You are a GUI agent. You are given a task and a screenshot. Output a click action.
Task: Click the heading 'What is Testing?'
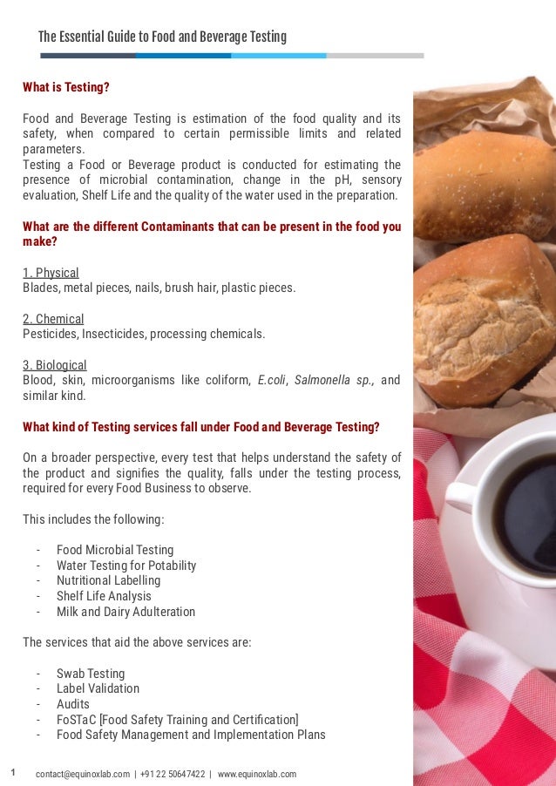click(x=65, y=87)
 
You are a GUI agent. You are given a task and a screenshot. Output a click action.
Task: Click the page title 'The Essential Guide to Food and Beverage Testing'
click(x=162, y=37)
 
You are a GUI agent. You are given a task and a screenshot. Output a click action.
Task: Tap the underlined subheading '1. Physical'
click(x=51, y=273)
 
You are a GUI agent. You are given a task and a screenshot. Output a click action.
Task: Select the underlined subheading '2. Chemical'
click(x=53, y=319)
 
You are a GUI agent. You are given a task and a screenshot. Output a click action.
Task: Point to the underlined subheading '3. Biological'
click(x=54, y=365)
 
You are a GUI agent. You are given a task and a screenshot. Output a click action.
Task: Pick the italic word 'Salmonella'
click(x=321, y=380)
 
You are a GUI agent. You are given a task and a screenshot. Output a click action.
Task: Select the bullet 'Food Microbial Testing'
click(x=115, y=550)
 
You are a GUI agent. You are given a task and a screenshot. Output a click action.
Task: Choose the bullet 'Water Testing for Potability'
click(x=126, y=566)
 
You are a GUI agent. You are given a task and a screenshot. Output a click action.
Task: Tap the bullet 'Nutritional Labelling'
click(x=108, y=580)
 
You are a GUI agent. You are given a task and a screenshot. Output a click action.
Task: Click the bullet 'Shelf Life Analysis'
click(x=104, y=596)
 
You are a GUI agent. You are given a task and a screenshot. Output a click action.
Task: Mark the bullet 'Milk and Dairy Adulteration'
click(x=125, y=612)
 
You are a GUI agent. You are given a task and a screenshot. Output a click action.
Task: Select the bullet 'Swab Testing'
click(x=91, y=674)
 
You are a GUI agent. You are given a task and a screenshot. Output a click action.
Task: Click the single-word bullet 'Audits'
click(x=73, y=704)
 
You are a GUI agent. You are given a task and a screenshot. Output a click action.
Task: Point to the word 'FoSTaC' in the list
click(x=77, y=720)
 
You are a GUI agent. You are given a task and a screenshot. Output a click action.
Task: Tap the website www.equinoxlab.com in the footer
click(x=256, y=774)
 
